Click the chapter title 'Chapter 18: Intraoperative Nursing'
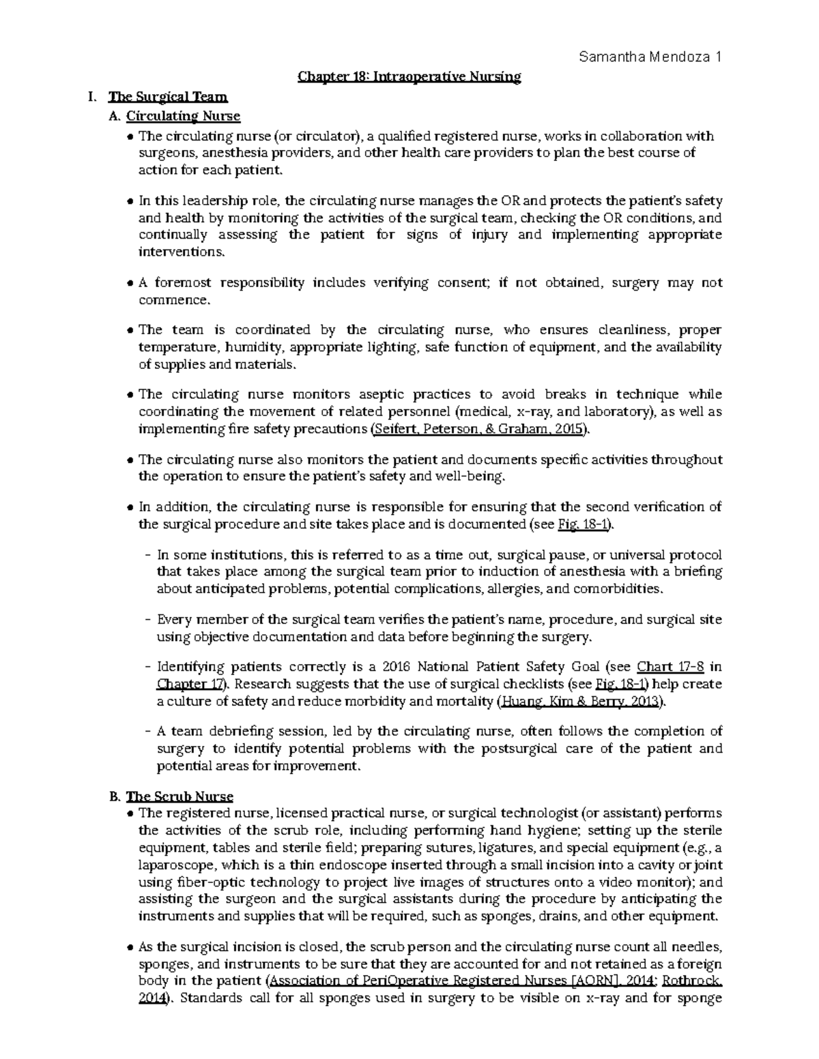tap(409, 77)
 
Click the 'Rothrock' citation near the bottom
tap(692, 981)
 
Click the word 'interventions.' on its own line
tap(181, 252)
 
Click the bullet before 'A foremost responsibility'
tap(130, 283)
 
